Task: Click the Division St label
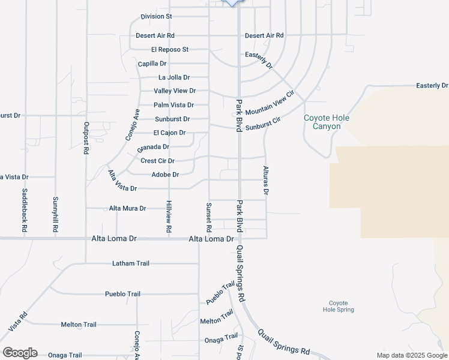pyautogui.click(x=156, y=16)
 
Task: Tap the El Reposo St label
pyautogui.click(x=170, y=49)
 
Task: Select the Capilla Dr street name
pyautogui.click(x=152, y=63)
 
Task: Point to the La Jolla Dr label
pyautogui.click(x=174, y=77)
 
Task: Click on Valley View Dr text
pyautogui.click(x=175, y=91)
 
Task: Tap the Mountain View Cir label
pyautogui.click(x=270, y=103)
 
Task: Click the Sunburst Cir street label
pyautogui.click(x=264, y=124)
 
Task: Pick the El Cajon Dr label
pyautogui.click(x=169, y=133)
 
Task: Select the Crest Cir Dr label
pyautogui.click(x=157, y=161)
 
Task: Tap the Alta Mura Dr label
pyautogui.click(x=127, y=208)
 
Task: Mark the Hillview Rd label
pyautogui.click(x=169, y=216)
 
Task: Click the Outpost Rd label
pyautogui.click(x=86, y=139)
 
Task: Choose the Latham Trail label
pyautogui.click(x=131, y=263)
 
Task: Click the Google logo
pyautogui.click(x=20, y=353)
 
